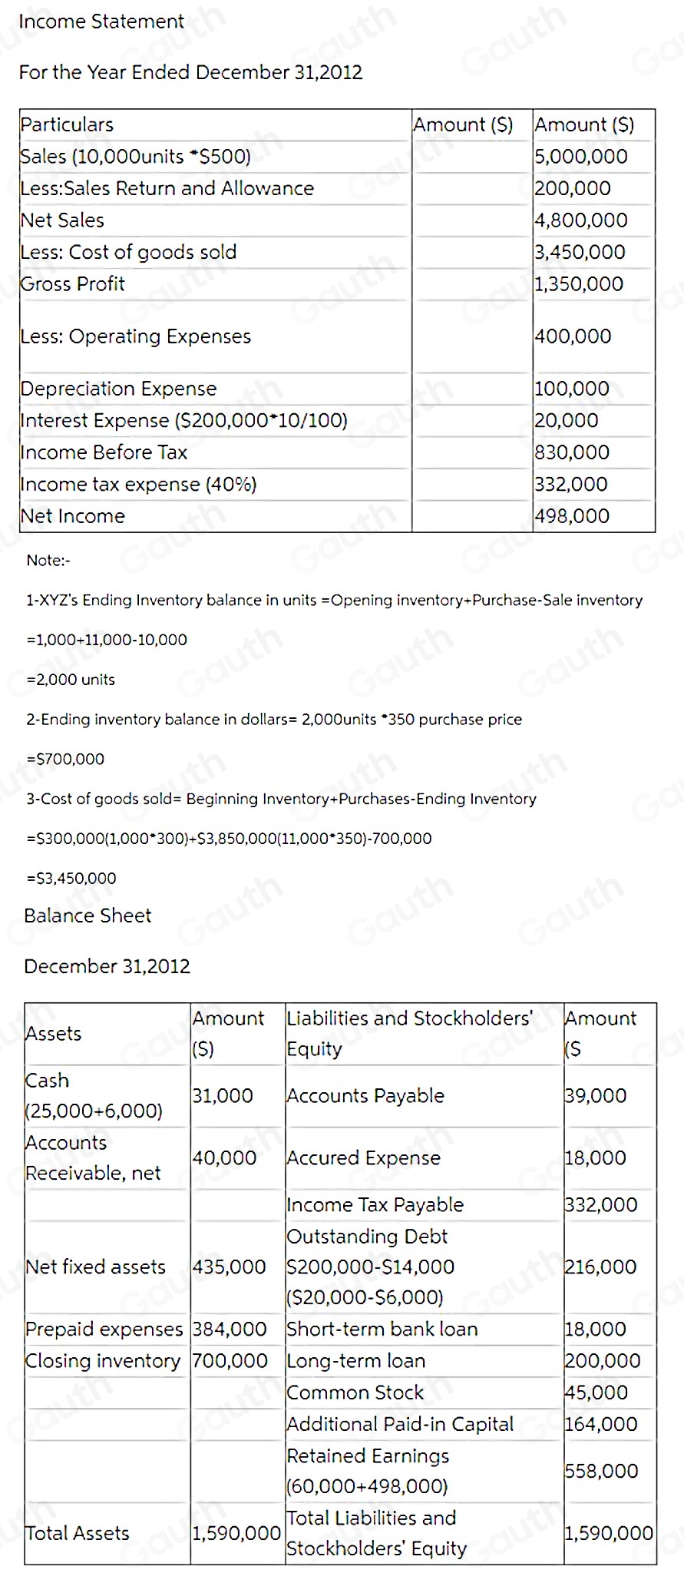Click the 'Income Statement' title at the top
coord(101,22)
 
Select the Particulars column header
coord(67,124)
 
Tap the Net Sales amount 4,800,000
coord(580,220)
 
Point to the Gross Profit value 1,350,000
coord(579,284)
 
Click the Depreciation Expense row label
coord(118,389)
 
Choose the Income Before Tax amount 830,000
coord(572,452)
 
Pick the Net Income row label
coord(72,516)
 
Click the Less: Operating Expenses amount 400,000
coord(573,336)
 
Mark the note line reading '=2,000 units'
coord(71,680)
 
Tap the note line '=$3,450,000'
coord(71,879)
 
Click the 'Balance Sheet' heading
coord(88,916)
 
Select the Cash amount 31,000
coord(223,1096)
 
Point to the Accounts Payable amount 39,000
coord(596,1096)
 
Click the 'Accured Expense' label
coord(363,1158)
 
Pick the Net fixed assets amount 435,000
coord(229,1267)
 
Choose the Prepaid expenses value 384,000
coord(230,1329)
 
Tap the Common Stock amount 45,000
coord(596,1393)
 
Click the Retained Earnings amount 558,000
coord(601,1471)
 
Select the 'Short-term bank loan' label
coord(382,1329)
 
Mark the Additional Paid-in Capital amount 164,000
coord(601,1424)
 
